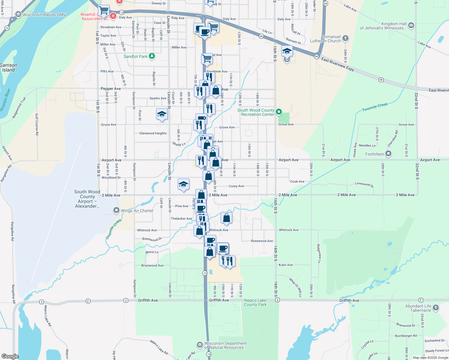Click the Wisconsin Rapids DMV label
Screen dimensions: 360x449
(44, 15)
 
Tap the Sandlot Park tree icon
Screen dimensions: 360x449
(152, 56)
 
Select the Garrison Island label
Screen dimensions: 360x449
(8, 67)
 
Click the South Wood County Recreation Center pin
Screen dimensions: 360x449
(279, 112)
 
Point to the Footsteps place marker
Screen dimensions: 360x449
(388, 154)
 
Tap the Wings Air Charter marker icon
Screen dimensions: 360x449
(116, 211)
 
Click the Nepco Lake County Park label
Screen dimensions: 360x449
(255, 302)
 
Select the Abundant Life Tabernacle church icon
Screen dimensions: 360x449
(436, 308)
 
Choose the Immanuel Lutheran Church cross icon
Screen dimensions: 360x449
(345, 38)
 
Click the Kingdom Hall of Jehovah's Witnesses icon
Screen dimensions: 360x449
(411, 25)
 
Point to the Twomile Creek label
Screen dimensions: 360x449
(375, 107)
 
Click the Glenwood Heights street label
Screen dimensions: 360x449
(153, 133)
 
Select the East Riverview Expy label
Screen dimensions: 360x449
(338, 64)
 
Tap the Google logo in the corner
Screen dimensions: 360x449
(10, 356)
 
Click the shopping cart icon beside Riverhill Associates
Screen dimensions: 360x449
(104, 10)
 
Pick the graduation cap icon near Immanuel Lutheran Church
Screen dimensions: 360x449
(287, 51)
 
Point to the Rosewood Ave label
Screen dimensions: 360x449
(262, 241)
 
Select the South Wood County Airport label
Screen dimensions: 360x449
(87, 199)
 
